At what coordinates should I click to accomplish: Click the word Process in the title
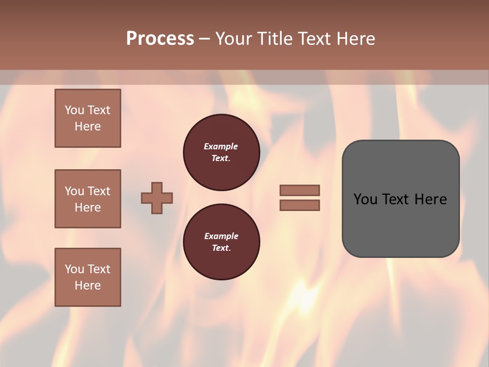[160, 39]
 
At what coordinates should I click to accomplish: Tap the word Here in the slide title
[355, 39]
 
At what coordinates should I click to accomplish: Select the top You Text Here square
[88, 118]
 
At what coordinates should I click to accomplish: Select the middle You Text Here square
[88, 199]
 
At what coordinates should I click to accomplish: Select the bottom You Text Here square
[88, 277]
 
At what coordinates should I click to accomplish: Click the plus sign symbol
[157, 198]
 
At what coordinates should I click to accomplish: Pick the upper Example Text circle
[222, 152]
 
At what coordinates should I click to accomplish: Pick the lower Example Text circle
[222, 242]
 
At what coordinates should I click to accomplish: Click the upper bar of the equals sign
[300, 190]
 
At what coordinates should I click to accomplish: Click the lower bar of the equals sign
[300, 205]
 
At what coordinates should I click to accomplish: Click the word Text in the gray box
[396, 199]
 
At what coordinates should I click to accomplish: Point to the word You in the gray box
[365, 199]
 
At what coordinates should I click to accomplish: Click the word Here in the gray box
[430, 199]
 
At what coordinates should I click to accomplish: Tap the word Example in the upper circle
[221, 146]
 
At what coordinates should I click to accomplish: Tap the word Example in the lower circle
[221, 236]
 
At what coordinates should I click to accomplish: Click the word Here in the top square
[88, 126]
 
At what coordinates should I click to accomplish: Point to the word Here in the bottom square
[88, 285]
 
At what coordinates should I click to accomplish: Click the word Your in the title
[232, 39]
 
